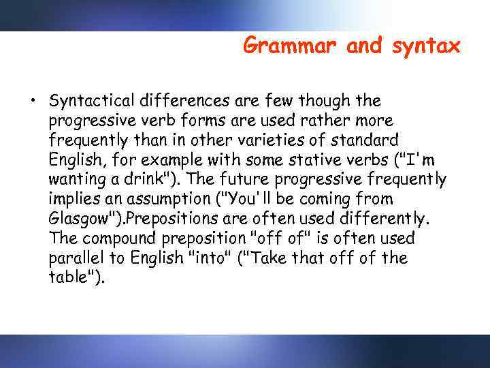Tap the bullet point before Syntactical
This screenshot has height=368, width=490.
32,102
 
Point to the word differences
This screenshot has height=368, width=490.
190,101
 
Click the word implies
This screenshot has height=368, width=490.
76,200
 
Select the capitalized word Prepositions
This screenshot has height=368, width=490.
169,219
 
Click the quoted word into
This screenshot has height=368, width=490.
210,259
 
